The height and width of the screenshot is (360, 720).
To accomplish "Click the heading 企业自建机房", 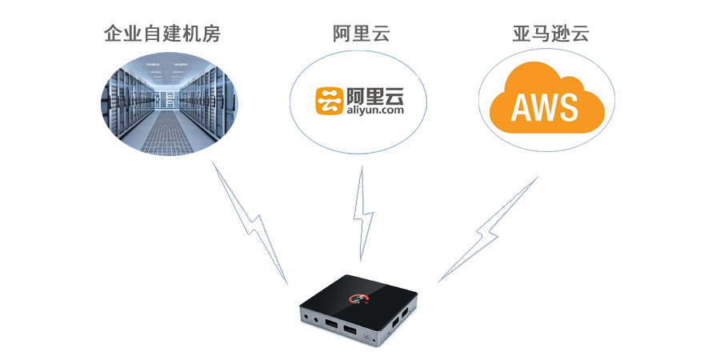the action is click(162, 34).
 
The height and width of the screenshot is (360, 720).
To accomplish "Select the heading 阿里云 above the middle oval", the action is click(362, 34).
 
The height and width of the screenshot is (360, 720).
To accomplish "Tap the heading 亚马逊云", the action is click(550, 34).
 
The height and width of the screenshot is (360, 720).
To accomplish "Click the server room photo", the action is click(170, 104).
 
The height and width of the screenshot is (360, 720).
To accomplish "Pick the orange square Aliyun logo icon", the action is click(330, 101).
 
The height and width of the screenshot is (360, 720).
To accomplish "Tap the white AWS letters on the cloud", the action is click(544, 107).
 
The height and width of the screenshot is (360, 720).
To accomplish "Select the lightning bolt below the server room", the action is click(250, 222).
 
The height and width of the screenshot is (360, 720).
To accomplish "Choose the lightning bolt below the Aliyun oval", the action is click(362, 214).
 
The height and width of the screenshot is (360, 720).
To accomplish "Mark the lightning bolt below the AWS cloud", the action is click(488, 229).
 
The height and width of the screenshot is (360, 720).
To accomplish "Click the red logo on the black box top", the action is click(358, 299).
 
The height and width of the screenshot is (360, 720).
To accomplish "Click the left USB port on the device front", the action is click(330, 324).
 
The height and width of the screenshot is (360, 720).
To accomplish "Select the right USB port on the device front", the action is click(350, 330).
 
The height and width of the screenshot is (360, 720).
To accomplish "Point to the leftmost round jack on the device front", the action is click(306, 315).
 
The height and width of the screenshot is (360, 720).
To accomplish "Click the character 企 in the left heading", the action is click(114, 34).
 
